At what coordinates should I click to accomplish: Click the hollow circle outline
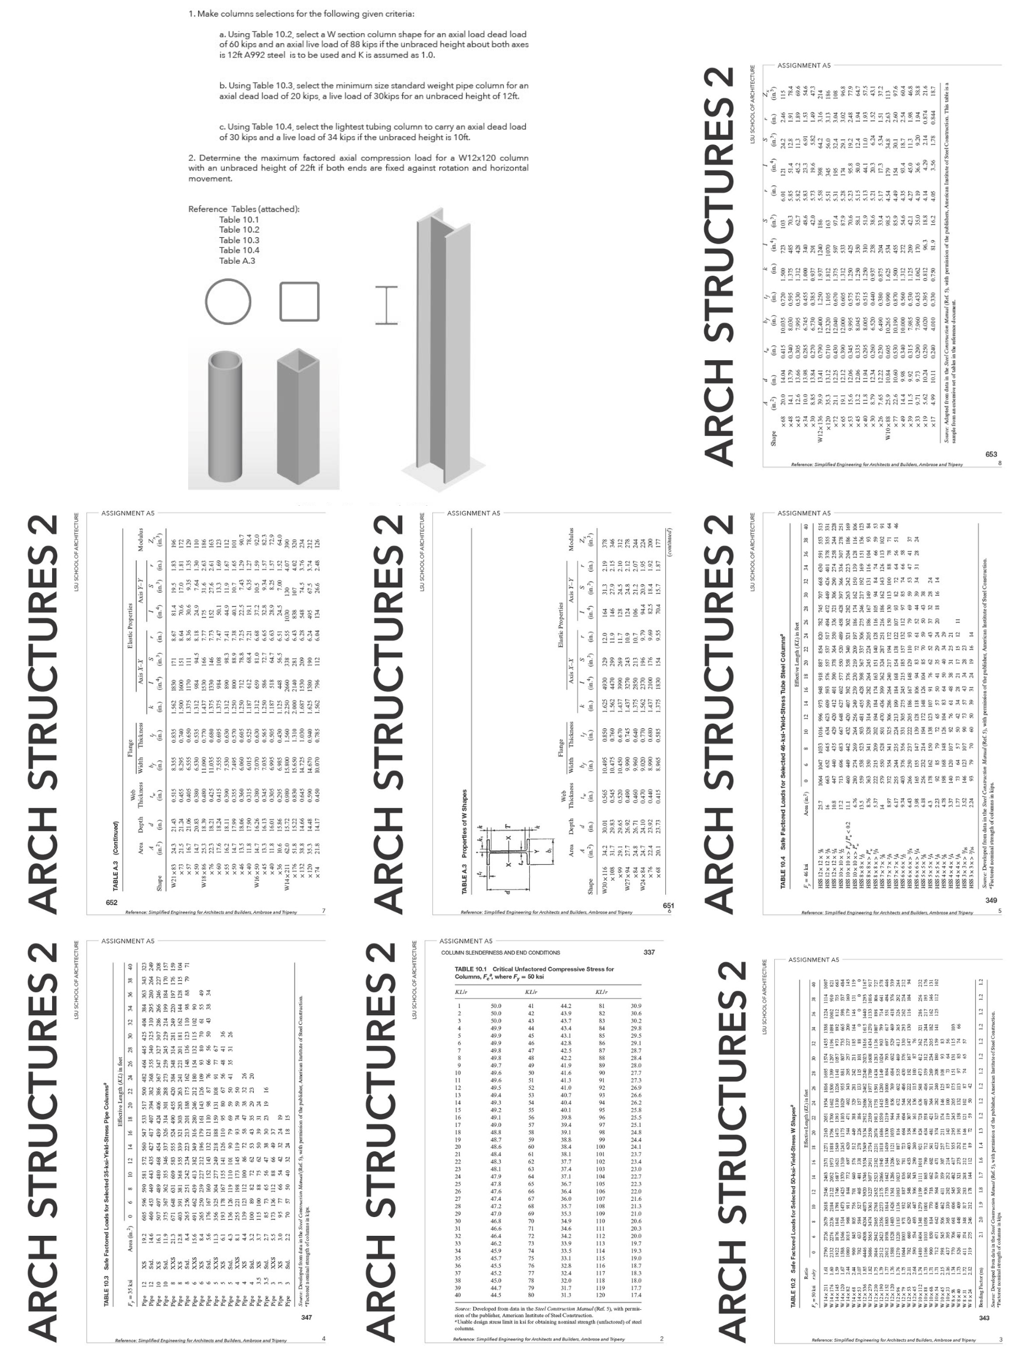pyautogui.click(x=228, y=302)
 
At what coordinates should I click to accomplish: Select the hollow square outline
pyautogui.click(x=299, y=301)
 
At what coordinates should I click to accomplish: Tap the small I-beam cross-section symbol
pyautogui.click(x=387, y=306)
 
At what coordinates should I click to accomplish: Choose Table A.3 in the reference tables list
pyautogui.click(x=237, y=261)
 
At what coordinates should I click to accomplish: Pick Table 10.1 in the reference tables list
pyautogui.click(x=239, y=220)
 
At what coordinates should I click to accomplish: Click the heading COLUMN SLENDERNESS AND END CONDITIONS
pyautogui.click(x=500, y=952)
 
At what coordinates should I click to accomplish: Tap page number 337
pyautogui.click(x=649, y=952)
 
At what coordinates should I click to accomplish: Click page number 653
pyautogui.click(x=991, y=454)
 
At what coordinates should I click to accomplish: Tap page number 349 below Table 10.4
pyautogui.click(x=991, y=901)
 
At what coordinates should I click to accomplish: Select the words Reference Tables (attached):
pyautogui.click(x=244, y=209)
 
